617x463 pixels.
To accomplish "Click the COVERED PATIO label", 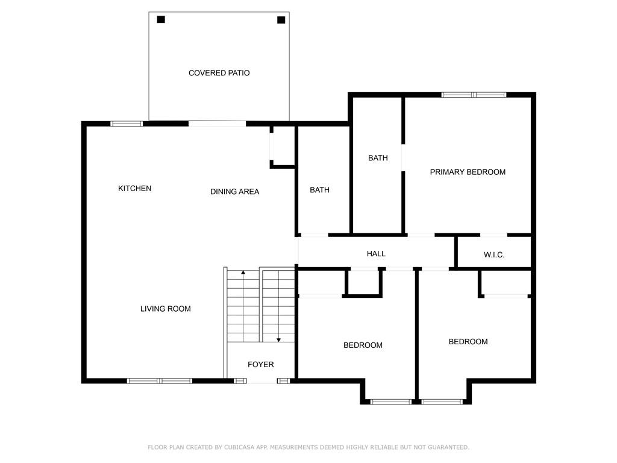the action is [219, 73].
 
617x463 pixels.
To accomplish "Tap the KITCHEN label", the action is [134, 188].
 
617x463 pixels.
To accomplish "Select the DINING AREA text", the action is [234, 192].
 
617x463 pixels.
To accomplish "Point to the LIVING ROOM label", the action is [165, 309].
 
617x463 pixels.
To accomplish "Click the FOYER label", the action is [260, 365].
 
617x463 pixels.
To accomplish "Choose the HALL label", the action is [376, 254].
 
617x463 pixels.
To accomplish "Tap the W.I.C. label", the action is [494, 255].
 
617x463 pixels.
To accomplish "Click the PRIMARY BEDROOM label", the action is [468, 172].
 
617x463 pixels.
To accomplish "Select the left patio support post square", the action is [161, 19].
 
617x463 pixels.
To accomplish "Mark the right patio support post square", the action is [281, 20].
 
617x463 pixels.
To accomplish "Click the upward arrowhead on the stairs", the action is [243, 272].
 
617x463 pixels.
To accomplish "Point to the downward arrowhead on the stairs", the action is [278, 340].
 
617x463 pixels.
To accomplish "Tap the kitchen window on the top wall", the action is [127, 124].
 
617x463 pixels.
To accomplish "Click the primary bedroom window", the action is [474, 95].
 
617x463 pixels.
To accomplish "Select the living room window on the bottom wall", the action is [159, 381].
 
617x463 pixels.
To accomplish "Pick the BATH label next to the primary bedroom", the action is [378, 158].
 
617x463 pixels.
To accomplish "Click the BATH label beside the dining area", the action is [319, 190].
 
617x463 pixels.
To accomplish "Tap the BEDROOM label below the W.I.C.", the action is [468, 342].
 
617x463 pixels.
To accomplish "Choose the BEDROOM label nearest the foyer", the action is [363, 345].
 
